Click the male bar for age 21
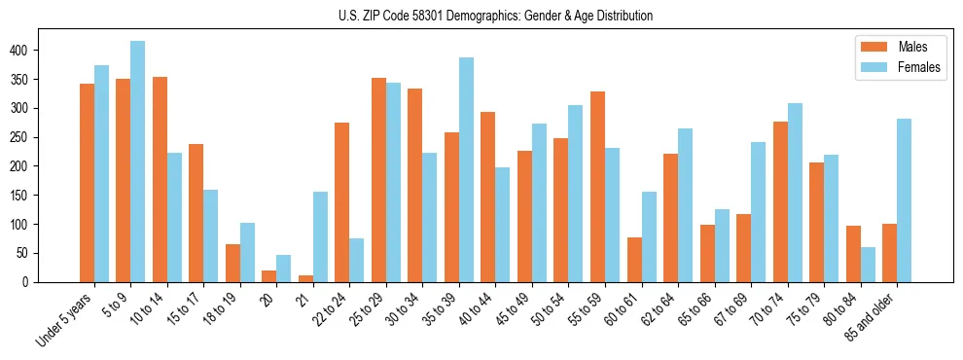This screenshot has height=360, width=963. click(305, 278)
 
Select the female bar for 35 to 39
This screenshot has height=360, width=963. click(466, 170)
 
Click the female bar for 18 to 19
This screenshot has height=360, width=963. click(247, 252)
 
